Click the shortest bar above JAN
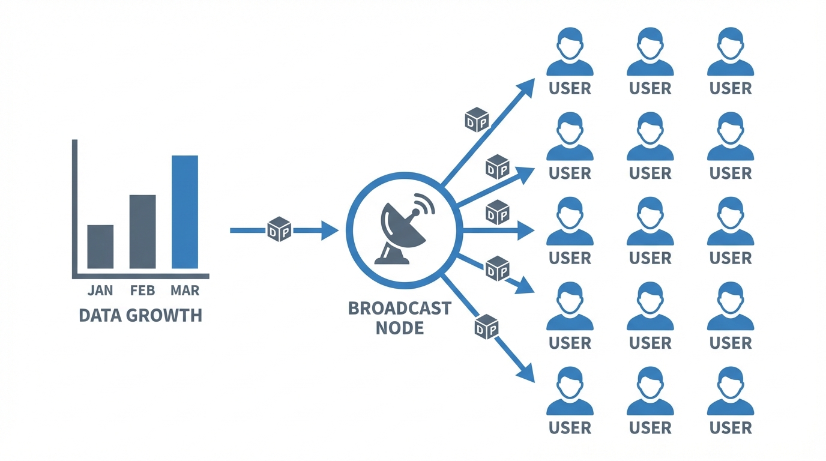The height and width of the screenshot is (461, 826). [100, 247]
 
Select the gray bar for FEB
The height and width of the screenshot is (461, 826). [142, 232]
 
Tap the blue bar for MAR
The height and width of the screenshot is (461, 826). [185, 212]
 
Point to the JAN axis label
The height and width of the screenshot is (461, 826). [100, 291]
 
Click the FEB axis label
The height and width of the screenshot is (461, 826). [142, 291]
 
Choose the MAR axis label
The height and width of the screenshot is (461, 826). [185, 291]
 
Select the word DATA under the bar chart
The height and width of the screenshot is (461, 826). [100, 316]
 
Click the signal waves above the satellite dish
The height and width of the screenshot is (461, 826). [424, 205]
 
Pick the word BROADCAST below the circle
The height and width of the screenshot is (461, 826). [399, 309]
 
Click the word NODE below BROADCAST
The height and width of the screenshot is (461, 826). [399, 328]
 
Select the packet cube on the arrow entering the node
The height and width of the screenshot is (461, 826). [279, 230]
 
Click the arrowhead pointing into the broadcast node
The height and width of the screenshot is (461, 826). [330, 230]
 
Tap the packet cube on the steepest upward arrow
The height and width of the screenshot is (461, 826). [477, 120]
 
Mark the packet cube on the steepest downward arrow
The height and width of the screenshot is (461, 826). [487, 327]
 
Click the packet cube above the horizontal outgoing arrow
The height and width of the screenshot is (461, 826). [497, 212]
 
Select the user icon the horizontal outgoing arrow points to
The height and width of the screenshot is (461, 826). [570, 221]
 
